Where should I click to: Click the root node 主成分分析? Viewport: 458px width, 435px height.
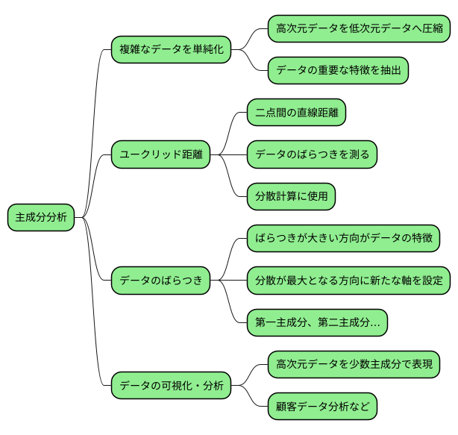point(41,217)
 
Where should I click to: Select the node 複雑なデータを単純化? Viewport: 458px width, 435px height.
point(171,50)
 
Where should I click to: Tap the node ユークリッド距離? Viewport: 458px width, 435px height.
point(160,154)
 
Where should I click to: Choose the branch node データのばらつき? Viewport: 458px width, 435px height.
point(160,281)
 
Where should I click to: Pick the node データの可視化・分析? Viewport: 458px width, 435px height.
point(171,386)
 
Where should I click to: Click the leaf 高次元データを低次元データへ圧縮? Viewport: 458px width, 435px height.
point(359,29)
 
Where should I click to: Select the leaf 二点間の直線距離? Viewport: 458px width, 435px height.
point(296,113)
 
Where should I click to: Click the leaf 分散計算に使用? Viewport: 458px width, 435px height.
point(291,196)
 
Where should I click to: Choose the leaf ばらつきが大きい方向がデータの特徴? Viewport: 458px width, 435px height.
point(342,239)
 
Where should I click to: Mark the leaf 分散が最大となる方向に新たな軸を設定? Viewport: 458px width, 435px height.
point(348,281)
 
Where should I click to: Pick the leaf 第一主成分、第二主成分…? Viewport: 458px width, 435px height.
point(317,322)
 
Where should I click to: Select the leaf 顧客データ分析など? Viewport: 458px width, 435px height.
point(322,407)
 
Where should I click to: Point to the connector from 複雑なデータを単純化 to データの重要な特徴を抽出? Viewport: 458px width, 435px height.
point(252,64)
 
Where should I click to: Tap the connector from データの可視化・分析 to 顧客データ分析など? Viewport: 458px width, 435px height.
point(252,400)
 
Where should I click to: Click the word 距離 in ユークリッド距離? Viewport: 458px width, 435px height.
point(192,154)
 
